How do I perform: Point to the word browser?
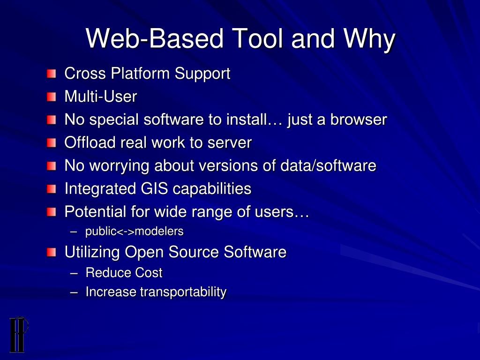[359, 120]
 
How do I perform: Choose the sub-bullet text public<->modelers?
[134, 232]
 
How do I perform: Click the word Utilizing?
[92, 252]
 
